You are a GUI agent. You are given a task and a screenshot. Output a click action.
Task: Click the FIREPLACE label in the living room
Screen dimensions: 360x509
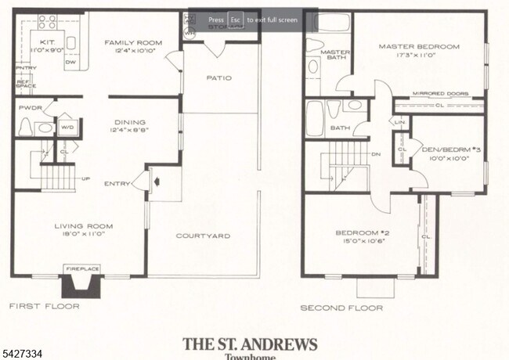tap(82, 269)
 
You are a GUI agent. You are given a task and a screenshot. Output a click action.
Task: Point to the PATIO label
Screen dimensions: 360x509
tap(218, 78)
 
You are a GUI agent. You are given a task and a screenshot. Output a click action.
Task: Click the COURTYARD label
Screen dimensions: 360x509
tap(202, 236)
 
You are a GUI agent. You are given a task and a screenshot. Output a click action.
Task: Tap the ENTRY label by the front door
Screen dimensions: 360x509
tap(117, 184)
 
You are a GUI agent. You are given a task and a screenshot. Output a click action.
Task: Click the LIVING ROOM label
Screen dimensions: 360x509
tap(79, 226)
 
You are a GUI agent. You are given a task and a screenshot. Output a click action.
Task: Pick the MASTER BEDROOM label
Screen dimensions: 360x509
tap(419, 46)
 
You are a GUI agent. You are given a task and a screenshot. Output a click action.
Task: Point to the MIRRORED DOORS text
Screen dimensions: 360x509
tap(440, 93)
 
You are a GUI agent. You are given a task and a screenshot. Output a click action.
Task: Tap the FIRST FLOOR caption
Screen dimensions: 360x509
tap(45, 307)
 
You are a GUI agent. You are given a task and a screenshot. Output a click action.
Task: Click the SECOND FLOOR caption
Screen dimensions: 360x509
tap(342, 308)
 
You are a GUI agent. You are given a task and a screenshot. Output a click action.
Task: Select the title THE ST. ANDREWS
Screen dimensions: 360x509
tap(250, 343)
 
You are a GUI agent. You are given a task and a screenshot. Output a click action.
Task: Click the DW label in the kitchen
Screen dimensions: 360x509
tap(70, 62)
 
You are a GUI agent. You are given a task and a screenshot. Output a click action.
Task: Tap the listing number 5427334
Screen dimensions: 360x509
tap(22, 353)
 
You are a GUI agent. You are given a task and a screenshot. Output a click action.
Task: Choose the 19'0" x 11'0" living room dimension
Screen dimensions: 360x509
tap(79, 234)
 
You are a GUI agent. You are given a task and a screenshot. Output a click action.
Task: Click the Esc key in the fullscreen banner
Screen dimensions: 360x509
tap(235, 20)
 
